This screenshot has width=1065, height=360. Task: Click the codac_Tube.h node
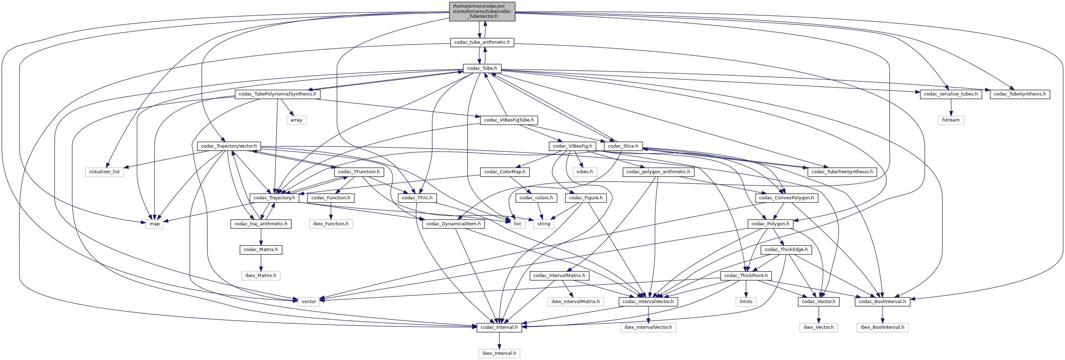click(482, 68)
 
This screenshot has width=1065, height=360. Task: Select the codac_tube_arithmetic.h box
click(482, 42)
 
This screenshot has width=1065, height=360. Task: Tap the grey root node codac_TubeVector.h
click(482, 11)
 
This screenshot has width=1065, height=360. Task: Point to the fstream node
click(950, 120)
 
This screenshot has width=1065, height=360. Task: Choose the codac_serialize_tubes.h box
click(950, 94)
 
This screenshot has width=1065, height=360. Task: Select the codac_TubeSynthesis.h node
click(1020, 94)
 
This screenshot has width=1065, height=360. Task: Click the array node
click(296, 120)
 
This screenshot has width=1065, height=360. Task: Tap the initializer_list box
click(104, 171)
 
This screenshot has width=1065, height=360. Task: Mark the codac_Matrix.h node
click(260, 250)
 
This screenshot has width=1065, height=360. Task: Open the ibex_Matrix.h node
click(260, 275)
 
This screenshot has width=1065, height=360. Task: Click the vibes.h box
click(585, 171)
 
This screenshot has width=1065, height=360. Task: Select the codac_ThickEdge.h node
click(786, 250)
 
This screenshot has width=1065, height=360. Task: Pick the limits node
click(746, 301)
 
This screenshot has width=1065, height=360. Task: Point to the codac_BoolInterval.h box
click(882, 301)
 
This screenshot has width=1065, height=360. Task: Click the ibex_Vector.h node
click(818, 327)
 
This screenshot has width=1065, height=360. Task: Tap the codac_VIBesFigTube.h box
click(509, 120)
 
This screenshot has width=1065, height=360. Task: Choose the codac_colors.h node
click(536, 198)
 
